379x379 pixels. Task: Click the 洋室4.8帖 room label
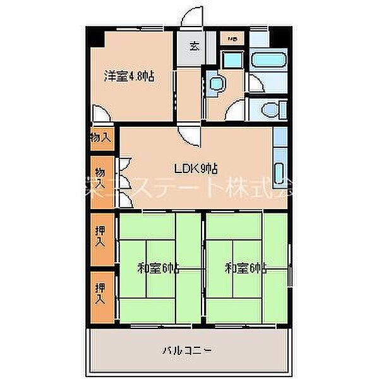pyautogui.click(x=129, y=77)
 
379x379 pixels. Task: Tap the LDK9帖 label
pyautogui.click(x=196, y=169)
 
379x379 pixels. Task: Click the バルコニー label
pyautogui.click(x=189, y=349)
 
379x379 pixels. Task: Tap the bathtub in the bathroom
pyautogui.click(x=265, y=62)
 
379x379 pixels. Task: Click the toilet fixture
pyautogui.click(x=268, y=108)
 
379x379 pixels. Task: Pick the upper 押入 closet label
pyautogui.click(x=101, y=236)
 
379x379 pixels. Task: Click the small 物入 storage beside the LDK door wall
pyautogui.click(x=101, y=137)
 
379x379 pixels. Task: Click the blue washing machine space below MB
pyautogui.click(x=232, y=60)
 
